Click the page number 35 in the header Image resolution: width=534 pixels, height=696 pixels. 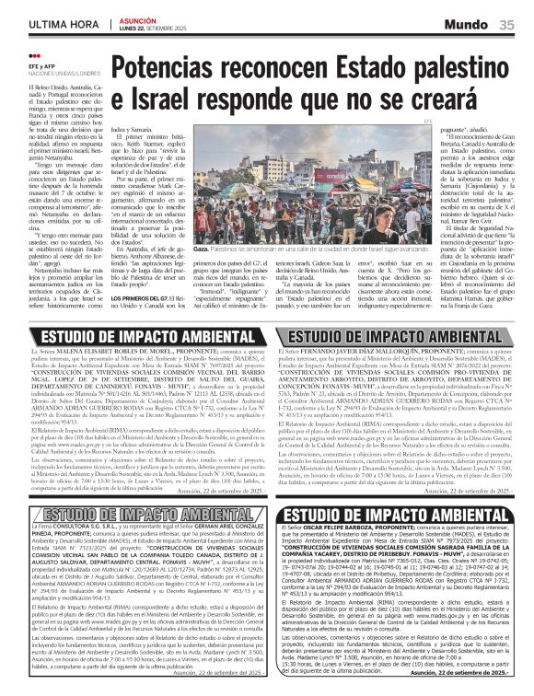point(506,24)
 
